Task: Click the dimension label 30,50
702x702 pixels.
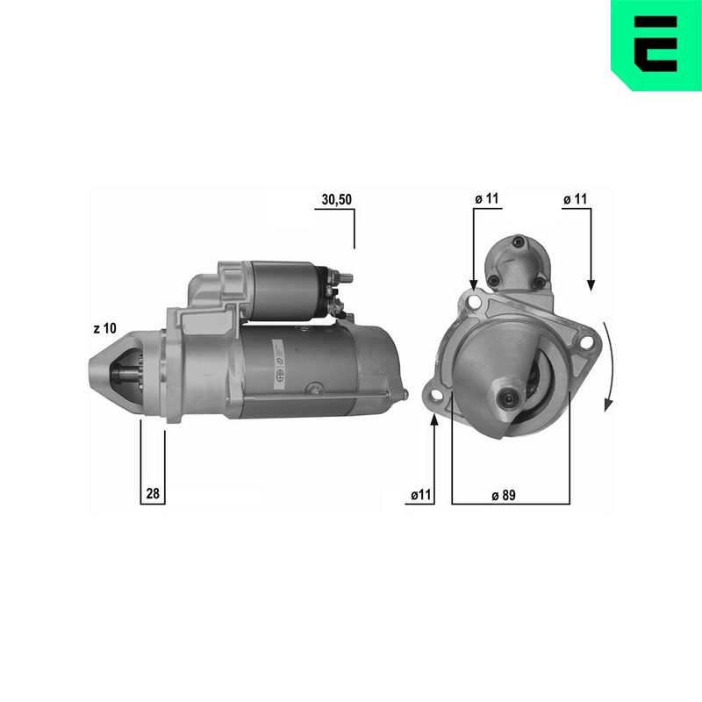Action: [x=337, y=200]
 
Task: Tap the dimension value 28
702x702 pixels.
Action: [x=153, y=493]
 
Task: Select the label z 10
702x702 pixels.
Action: [x=104, y=328]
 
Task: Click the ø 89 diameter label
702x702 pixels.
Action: [x=503, y=495]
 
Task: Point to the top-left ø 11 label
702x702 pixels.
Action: [x=487, y=198]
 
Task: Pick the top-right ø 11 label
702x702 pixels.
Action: [x=575, y=199]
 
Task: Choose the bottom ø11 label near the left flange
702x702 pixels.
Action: [x=421, y=495]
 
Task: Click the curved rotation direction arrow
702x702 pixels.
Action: [x=608, y=366]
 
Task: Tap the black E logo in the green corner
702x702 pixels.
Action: [x=655, y=44]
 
